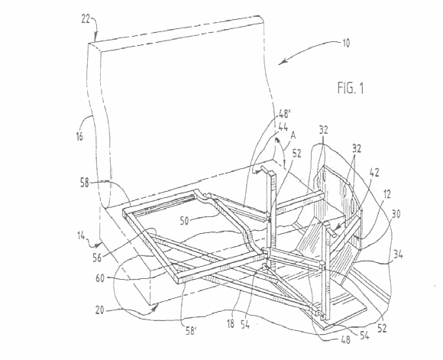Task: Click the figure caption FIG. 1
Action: (x=351, y=88)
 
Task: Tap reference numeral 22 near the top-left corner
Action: (x=86, y=19)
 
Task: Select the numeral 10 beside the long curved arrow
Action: (x=346, y=43)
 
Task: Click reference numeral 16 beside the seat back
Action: (x=79, y=136)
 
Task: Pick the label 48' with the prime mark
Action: (x=285, y=114)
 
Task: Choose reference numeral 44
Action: (x=283, y=126)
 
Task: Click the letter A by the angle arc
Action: (x=293, y=135)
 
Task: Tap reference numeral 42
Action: (x=374, y=173)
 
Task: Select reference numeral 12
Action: (x=387, y=194)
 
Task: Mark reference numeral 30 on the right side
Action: (x=396, y=214)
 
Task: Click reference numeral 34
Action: (x=398, y=255)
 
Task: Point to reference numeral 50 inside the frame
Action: (x=184, y=221)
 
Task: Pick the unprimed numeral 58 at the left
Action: (x=85, y=183)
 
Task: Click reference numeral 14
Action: (x=81, y=235)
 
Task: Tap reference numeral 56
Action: (x=97, y=258)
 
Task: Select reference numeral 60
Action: (x=100, y=278)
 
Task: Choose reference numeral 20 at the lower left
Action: (x=99, y=310)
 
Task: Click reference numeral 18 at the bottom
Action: (x=231, y=324)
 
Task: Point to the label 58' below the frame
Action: (x=191, y=331)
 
